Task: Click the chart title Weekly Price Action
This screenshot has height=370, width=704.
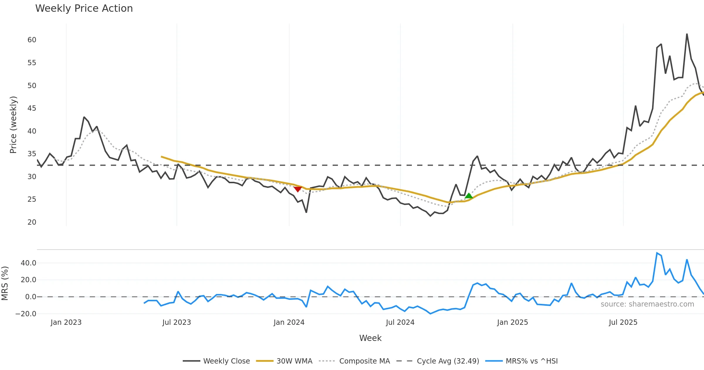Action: [84, 9]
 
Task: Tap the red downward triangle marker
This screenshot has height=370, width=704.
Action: [298, 189]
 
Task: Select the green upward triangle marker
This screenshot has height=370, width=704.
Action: [469, 196]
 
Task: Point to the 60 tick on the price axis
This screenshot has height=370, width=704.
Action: [32, 40]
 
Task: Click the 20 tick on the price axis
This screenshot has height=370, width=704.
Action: [32, 222]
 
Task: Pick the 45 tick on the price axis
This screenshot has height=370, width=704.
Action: [32, 108]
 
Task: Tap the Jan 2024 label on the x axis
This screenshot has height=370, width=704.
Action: [289, 322]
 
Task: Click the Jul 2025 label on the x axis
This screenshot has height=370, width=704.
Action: [623, 322]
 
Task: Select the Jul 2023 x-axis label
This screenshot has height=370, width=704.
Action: [177, 322]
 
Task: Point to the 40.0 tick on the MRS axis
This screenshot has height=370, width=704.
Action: [28, 263]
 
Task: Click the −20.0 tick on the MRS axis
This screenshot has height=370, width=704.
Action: [26, 314]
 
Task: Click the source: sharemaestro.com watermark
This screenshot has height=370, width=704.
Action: [647, 304]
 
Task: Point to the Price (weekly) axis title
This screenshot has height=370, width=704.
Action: [13, 125]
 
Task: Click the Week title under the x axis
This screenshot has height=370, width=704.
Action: [370, 338]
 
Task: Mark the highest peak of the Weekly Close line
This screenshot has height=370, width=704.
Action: [687, 34]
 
